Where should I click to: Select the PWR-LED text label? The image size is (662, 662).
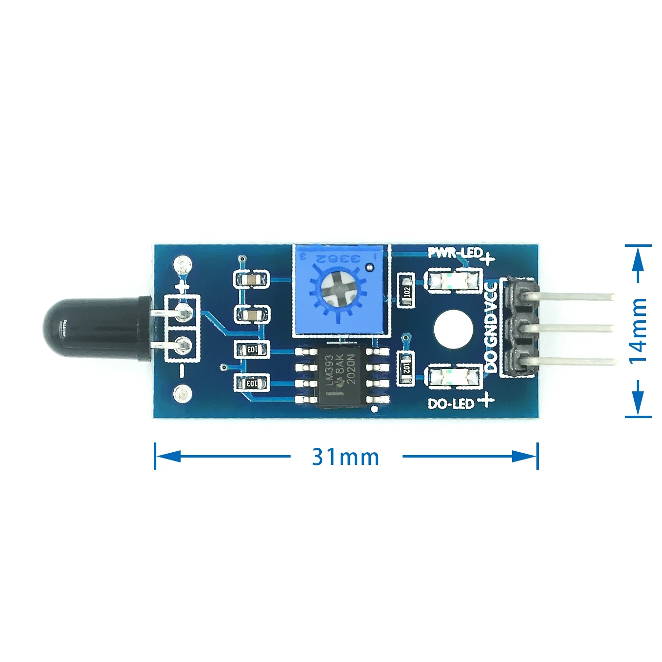pyautogui.click(x=455, y=253)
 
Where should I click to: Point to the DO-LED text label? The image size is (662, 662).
pyautogui.click(x=451, y=404)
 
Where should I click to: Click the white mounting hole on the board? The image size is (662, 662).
pyautogui.click(x=453, y=330)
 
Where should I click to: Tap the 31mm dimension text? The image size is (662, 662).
pyautogui.click(x=346, y=457)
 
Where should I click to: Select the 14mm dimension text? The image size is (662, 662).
pyautogui.click(x=639, y=331)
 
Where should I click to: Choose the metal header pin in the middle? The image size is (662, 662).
pyautogui.click(x=574, y=329)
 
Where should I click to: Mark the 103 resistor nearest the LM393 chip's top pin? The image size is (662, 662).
pyautogui.click(x=252, y=349)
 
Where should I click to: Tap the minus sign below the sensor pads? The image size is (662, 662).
pyautogui.click(x=182, y=372)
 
